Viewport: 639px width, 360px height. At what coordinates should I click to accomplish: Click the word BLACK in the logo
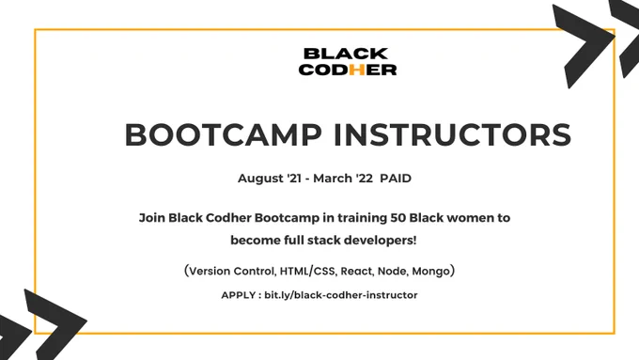tap(346, 54)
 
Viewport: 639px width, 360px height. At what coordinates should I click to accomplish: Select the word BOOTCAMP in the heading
tap(224, 134)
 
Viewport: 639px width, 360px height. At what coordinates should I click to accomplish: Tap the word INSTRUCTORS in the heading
tap(452, 134)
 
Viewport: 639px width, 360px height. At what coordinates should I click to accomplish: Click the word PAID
tap(396, 179)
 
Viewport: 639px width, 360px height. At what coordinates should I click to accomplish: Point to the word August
tap(261, 179)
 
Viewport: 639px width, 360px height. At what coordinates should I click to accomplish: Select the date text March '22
tap(343, 179)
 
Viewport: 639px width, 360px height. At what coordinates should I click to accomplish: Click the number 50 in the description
tap(397, 218)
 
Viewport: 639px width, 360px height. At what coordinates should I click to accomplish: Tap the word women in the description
tap(470, 218)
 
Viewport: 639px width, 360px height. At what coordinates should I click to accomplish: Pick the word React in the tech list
tap(356, 271)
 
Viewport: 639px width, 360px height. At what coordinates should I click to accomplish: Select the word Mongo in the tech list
tap(430, 272)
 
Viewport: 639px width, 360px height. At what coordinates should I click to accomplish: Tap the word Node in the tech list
tap(392, 271)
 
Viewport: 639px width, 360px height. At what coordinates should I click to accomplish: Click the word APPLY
tap(239, 295)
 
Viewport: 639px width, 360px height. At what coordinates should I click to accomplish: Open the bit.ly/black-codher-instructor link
tap(341, 295)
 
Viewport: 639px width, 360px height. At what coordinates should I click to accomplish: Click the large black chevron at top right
tap(583, 46)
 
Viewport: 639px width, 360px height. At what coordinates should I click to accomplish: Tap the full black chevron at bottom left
tap(55, 325)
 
